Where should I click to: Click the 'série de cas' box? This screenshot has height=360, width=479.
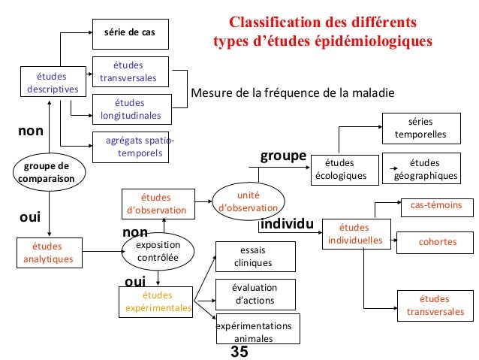click(x=130, y=33)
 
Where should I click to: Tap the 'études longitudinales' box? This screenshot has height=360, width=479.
click(x=131, y=109)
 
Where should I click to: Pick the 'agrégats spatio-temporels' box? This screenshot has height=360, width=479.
click(x=131, y=147)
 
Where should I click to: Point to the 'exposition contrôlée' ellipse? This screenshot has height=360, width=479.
click(x=158, y=251)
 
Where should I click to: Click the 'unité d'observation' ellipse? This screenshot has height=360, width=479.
click(x=248, y=200)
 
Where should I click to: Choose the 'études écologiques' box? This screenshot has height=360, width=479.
click(x=342, y=170)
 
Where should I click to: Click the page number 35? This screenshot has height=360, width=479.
click(x=239, y=352)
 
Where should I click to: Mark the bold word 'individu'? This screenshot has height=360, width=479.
click(x=285, y=225)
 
